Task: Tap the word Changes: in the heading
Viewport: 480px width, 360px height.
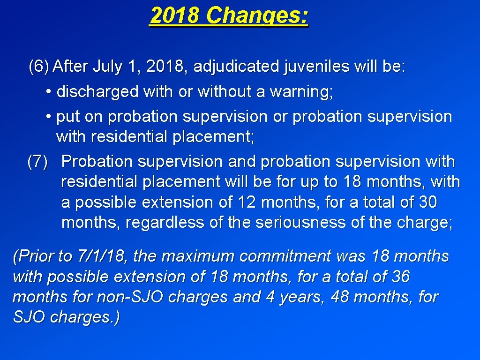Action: point(257,16)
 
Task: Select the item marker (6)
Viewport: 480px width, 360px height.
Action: point(38,67)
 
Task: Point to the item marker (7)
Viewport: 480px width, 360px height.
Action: point(37,162)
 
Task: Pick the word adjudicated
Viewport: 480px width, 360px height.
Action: point(236,67)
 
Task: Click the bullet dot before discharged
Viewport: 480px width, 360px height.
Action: point(49,92)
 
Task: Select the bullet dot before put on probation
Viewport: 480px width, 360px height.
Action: point(49,117)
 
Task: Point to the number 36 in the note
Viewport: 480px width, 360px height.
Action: point(400,277)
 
